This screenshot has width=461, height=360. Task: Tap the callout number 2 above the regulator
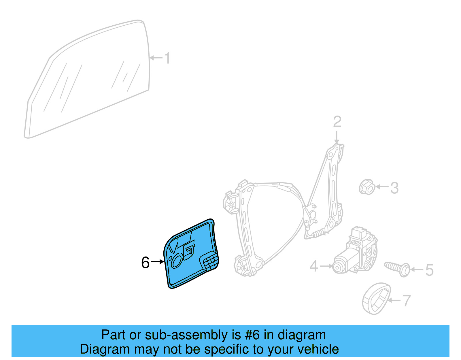point(337,122)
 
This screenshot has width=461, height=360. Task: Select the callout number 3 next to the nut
point(394,188)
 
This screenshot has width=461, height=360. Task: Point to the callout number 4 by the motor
point(314,266)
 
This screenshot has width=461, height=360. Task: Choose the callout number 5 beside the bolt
point(429,270)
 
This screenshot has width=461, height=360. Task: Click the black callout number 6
point(146,263)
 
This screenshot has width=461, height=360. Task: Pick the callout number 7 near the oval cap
point(406,301)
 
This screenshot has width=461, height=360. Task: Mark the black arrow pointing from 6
point(157,262)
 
